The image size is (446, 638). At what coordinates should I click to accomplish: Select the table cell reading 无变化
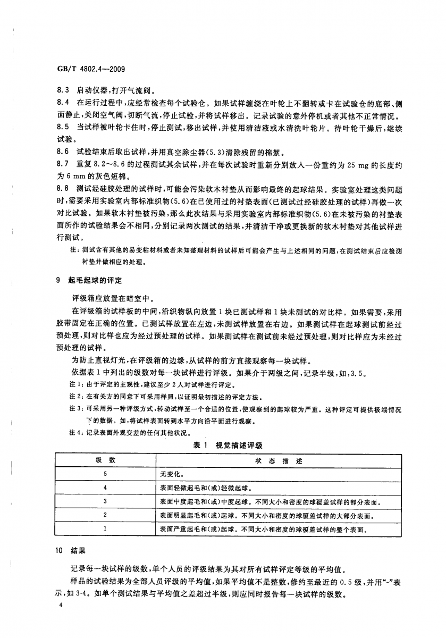pos(171,473)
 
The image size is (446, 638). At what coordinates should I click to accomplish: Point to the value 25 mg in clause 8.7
pos(333,165)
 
